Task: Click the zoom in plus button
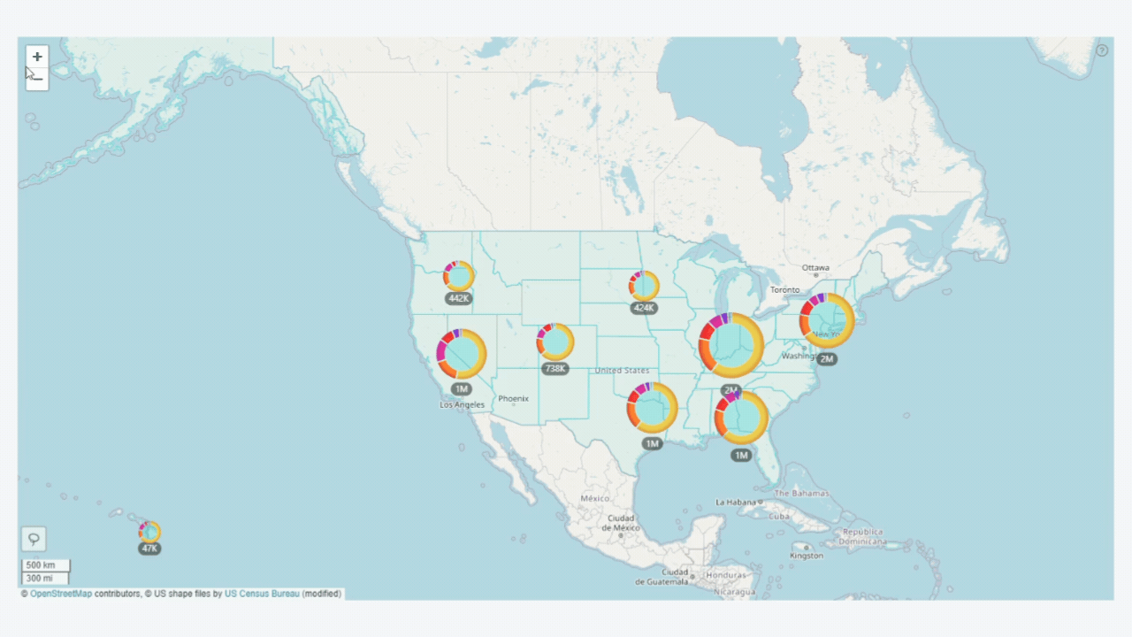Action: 37,57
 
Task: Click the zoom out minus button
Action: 37,79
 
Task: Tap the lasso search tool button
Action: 34,539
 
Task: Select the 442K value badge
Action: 459,298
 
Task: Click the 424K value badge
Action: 644,308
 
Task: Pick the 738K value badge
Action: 555,368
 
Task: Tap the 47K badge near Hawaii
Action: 149,549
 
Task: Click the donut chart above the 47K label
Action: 149,532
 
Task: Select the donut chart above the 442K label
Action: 459,276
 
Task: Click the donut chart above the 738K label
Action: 555,342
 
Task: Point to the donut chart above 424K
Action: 644,286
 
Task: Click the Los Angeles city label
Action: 463,404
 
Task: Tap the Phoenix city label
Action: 513,399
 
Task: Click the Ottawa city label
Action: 815,267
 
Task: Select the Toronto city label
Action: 784,289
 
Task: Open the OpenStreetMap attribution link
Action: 61,594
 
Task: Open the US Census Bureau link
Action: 262,594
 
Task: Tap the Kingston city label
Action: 807,556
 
